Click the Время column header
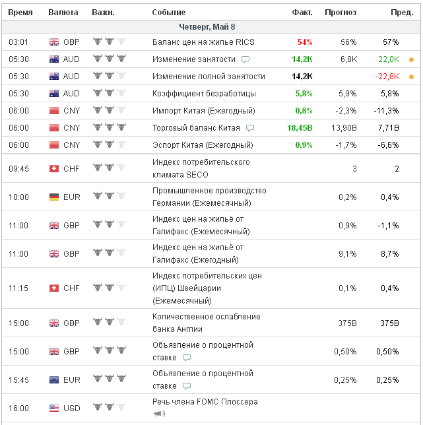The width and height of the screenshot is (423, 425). (x=20, y=13)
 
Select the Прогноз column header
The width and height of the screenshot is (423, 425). (x=341, y=13)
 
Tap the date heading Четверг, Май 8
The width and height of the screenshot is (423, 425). (x=207, y=27)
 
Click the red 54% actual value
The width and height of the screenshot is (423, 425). (x=305, y=42)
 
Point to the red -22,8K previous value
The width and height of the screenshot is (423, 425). (x=387, y=77)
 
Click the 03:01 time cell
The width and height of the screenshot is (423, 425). (x=18, y=42)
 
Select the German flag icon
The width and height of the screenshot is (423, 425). (x=54, y=197)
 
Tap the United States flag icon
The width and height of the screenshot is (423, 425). (x=54, y=409)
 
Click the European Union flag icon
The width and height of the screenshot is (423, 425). (x=54, y=379)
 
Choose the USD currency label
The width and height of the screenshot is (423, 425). (x=72, y=409)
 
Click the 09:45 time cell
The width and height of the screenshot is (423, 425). (x=18, y=168)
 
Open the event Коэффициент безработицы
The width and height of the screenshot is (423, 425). (x=195, y=94)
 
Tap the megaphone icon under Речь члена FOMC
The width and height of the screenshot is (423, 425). (x=158, y=414)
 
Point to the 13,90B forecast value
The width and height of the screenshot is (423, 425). (x=343, y=128)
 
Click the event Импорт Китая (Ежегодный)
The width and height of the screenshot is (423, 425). (x=204, y=111)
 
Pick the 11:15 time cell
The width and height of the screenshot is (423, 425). (x=18, y=288)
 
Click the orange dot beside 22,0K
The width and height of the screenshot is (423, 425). (x=412, y=59)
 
